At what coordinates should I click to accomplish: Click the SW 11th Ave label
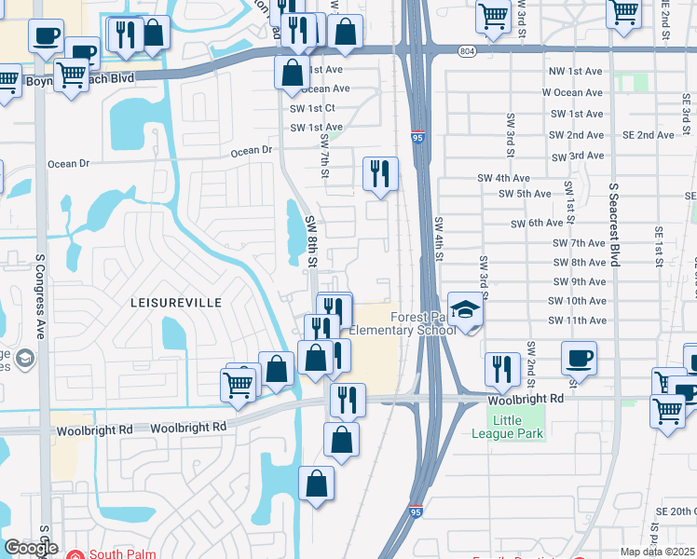point(577,320)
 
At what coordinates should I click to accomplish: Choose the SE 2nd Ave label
point(649,135)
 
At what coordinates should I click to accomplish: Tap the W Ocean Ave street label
point(572,93)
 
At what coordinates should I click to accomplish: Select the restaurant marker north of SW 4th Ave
point(380,173)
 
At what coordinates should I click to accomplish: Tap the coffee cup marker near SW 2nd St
point(579,358)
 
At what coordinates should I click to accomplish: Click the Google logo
point(32,548)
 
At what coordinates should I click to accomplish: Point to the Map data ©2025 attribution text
point(658,552)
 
